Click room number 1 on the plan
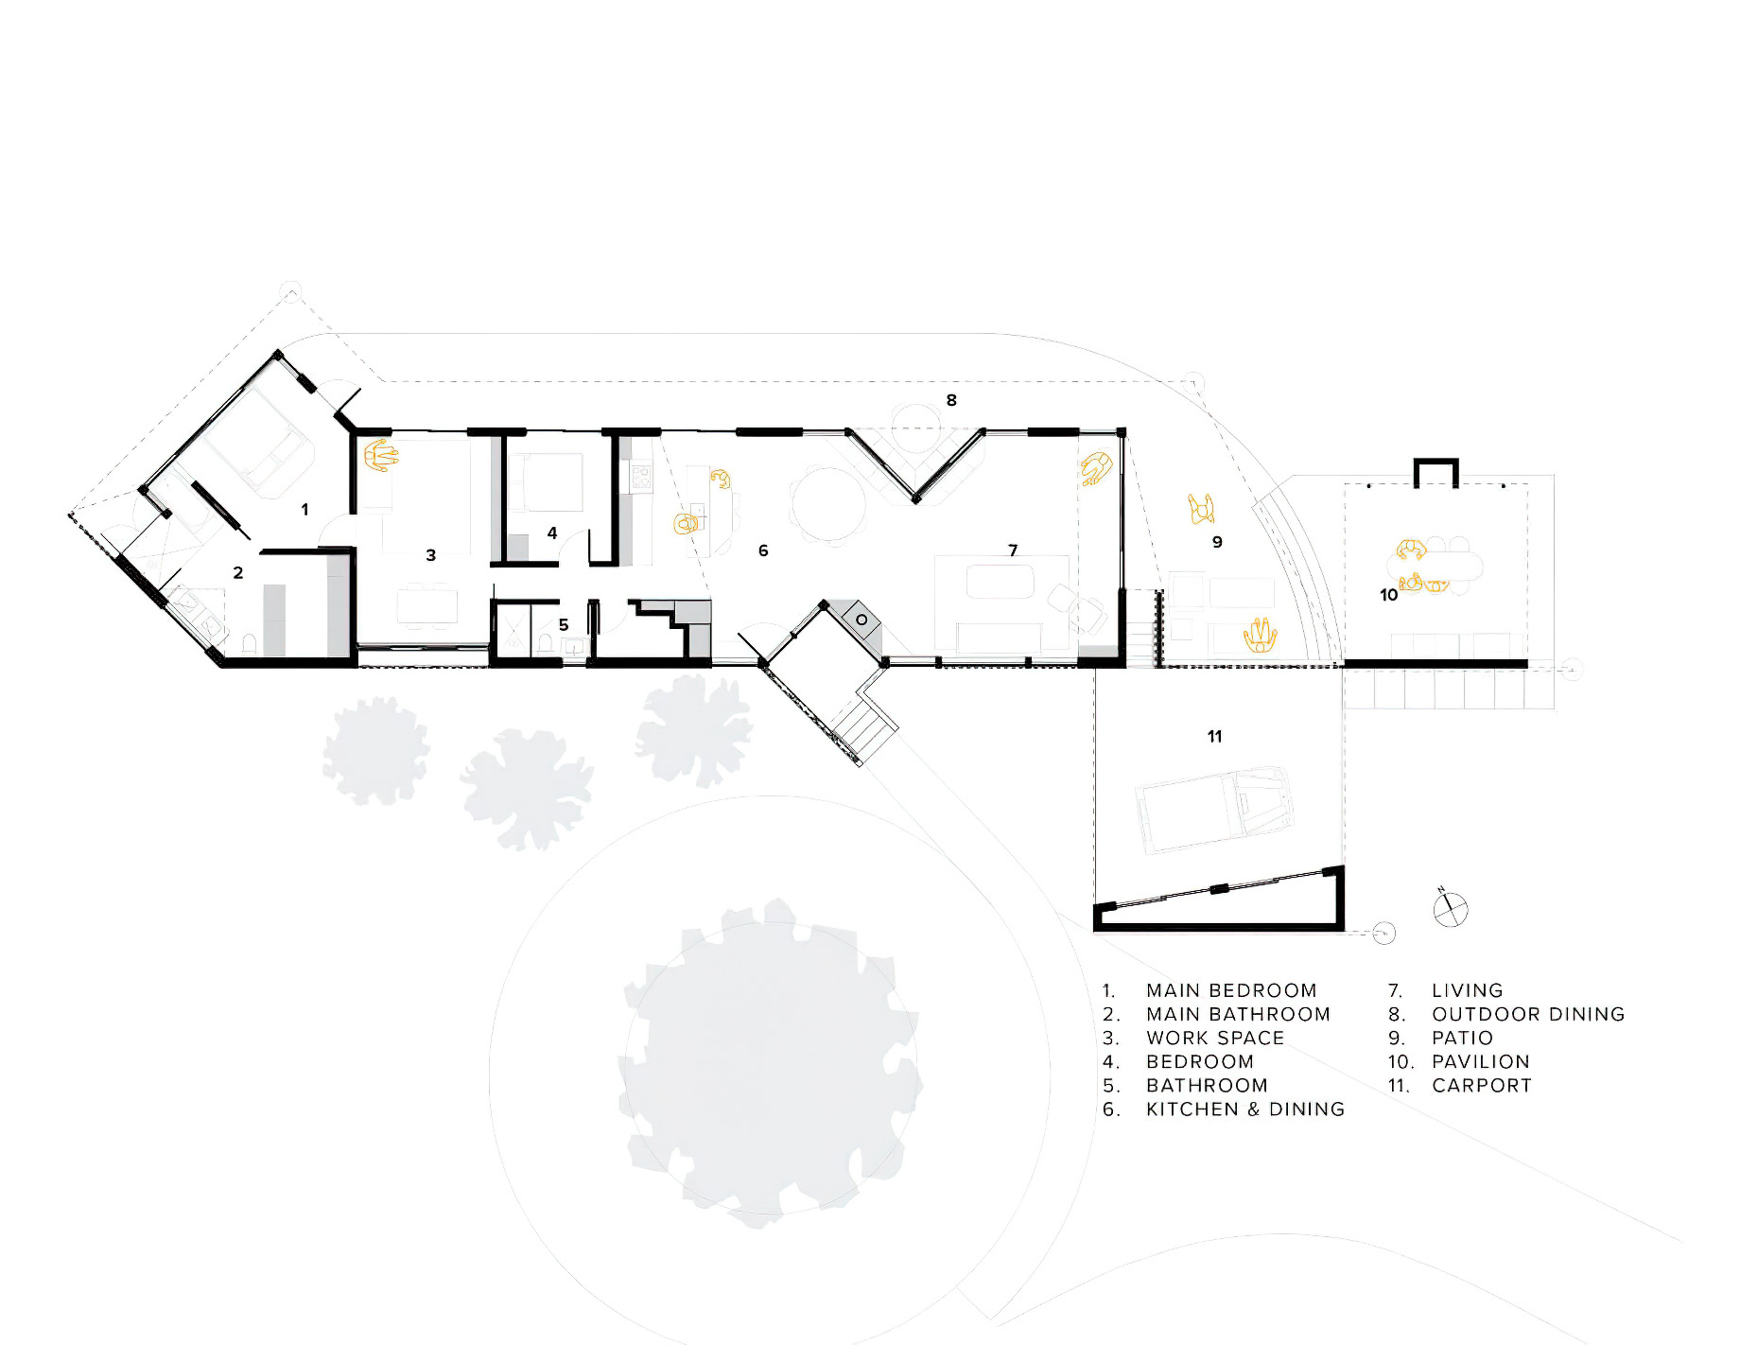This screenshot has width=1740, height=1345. (x=304, y=509)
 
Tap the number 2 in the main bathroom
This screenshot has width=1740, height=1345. (x=238, y=572)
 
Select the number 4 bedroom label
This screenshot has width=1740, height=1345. (x=552, y=533)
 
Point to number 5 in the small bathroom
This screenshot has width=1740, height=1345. (x=564, y=624)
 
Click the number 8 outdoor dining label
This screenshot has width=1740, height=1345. (x=951, y=400)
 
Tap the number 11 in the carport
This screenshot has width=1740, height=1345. (x=1215, y=736)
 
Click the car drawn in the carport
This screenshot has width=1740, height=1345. (x=1214, y=811)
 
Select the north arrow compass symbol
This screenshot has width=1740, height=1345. (x=1450, y=909)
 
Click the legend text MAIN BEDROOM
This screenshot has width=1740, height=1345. (x=1231, y=990)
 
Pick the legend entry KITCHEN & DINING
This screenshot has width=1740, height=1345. (x=1245, y=1109)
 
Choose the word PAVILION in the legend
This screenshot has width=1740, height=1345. (x=1481, y=1061)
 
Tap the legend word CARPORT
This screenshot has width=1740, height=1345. (x=1482, y=1085)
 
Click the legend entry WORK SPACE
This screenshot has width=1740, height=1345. (x=1215, y=1038)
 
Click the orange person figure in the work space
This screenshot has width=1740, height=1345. (x=381, y=455)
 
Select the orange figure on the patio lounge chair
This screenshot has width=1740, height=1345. (x=1260, y=635)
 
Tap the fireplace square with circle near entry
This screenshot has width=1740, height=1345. (x=861, y=620)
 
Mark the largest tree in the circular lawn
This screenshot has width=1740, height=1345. (x=770, y=1063)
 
